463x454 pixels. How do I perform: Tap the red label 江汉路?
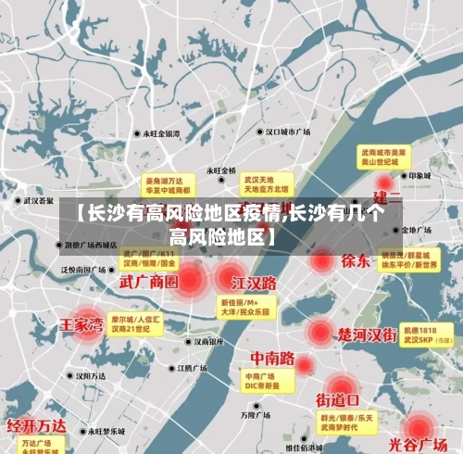pos(254,281)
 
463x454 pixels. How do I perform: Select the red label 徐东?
pos(356,260)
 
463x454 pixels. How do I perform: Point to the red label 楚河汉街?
pos(368,334)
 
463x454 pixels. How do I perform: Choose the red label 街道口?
pos(337,400)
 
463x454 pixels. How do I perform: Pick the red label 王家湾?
pos(81,325)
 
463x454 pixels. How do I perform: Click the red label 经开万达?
pos(37,426)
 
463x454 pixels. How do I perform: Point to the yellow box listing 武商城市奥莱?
pos(384,155)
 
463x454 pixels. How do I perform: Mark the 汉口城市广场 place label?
pos(287,132)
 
